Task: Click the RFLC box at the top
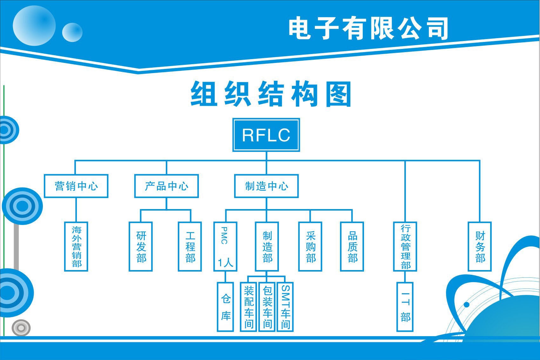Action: [266, 135]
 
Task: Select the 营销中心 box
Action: [76, 186]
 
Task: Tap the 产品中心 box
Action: [166, 186]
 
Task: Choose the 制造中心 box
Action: [267, 186]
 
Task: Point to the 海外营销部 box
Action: [76, 247]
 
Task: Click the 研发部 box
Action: [141, 247]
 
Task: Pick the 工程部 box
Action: [190, 247]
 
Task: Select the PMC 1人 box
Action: [226, 247]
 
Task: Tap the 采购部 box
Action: [310, 247]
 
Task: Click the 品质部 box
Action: [352, 247]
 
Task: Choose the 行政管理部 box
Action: [405, 247]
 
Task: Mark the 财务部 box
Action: [480, 247]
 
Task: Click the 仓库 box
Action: [226, 307]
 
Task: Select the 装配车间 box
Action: [248, 307]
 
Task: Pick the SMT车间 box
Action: [285, 307]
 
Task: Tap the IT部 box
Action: [405, 307]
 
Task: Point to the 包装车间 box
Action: [267, 307]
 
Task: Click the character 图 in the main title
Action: [339, 94]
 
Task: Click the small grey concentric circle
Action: [21, 328]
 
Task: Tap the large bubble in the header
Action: [34, 25]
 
